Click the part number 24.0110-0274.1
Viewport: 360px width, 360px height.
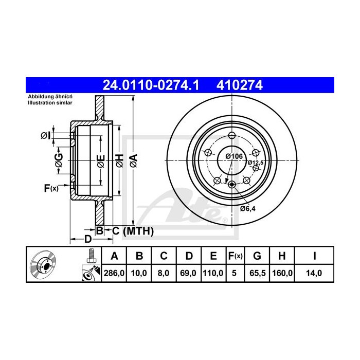[x=151, y=85]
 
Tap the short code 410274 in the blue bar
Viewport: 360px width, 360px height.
[x=240, y=85]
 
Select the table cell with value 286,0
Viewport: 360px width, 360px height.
[x=114, y=273]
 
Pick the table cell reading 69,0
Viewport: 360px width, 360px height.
[x=188, y=273]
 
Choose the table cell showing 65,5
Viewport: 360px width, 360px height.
[x=257, y=273]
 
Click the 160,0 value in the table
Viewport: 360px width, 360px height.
[x=282, y=273]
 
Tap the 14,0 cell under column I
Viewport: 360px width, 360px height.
[x=314, y=273]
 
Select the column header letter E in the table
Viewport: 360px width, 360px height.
[x=213, y=256]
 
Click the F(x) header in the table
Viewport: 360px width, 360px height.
[x=236, y=256]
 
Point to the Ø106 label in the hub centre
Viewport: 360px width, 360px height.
[x=234, y=156]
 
